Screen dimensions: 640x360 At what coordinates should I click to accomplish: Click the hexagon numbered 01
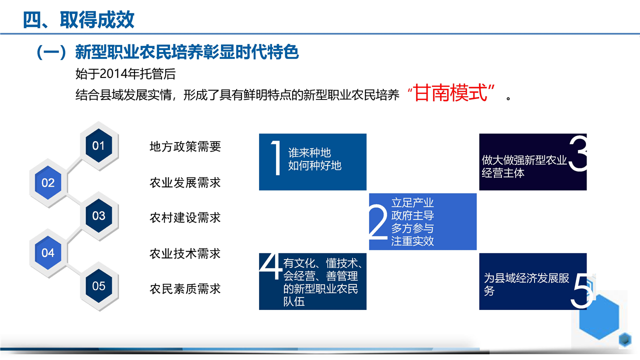click(99, 145)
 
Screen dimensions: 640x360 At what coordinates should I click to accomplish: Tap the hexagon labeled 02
click(48, 183)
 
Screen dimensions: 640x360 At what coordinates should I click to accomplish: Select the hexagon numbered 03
click(99, 215)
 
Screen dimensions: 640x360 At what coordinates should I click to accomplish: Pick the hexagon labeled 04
click(48, 253)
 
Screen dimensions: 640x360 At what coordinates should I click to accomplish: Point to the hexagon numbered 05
click(99, 286)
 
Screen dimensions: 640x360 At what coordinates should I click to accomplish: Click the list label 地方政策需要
click(185, 146)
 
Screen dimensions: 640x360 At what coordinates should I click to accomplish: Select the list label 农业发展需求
click(185, 182)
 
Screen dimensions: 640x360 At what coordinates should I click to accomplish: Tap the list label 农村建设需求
click(185, 217)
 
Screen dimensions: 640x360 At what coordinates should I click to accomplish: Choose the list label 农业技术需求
click(185, 253)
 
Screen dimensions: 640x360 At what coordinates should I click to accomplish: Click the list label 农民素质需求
click(185, 289)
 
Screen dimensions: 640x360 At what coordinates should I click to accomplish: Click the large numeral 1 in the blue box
click(276, 157)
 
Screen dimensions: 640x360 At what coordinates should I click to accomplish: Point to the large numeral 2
click(378, 221)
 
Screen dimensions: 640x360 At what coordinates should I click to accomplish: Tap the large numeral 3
click(577, 153)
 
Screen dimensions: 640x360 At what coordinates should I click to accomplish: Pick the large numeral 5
click(581, 291)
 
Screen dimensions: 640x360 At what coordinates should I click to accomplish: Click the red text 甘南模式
click(450, 93)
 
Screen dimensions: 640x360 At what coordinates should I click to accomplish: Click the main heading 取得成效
click(97, 19)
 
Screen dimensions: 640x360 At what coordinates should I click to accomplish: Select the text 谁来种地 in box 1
click(309, 153)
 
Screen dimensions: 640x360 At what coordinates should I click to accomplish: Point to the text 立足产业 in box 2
click(412, 203)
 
